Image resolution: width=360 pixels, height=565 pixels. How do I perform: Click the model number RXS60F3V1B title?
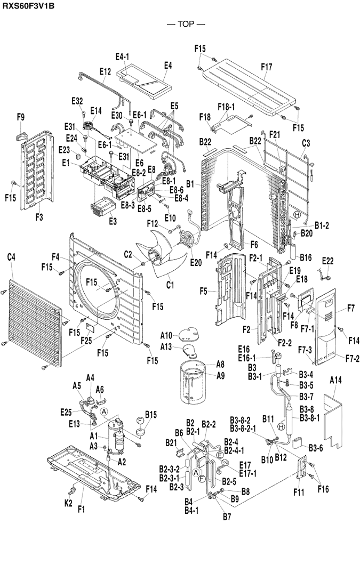click(27, 6)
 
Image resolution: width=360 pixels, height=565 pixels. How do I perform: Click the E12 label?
click(105, 71)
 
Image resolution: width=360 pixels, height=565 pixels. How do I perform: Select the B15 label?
click(150, 414)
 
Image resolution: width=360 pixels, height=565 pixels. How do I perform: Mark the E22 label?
click(328, 260)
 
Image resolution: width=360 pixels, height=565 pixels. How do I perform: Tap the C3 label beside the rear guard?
click(306, 143)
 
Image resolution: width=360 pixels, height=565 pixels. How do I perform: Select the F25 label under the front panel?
click(86, 340)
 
